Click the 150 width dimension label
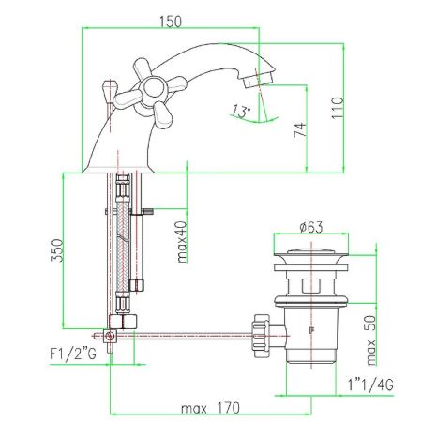click(x=169, y=19)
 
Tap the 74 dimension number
click(x=299, y=128)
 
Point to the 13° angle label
click(x=243, y=112)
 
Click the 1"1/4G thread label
click(x=368, y=385)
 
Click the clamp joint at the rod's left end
click(x=111, y=333)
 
